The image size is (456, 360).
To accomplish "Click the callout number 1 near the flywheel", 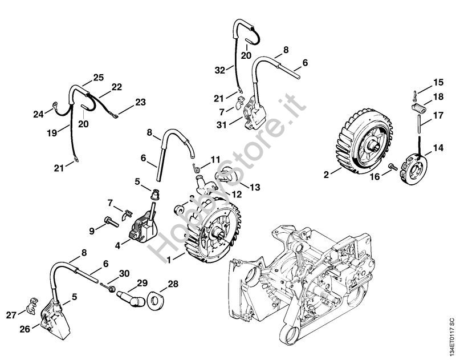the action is click(169, 260).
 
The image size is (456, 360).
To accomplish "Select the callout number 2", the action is click(326, 175).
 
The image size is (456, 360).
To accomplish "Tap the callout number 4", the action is click(117, 246).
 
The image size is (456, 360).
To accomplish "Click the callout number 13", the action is click(255, 187).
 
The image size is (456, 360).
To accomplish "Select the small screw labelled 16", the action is click(393, 167).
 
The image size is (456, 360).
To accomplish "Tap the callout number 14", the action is click(438, 148).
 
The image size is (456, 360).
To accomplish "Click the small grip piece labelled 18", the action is click(418, 108).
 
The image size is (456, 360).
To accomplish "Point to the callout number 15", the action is click(438, 82).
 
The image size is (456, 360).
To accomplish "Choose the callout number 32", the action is click(220, 70).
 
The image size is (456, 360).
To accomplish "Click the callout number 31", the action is click(222, 125).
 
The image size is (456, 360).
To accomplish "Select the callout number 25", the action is click(99, 78).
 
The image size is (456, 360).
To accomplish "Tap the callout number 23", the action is click(140, 102).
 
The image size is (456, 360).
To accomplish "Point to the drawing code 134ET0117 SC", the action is click(451, 339).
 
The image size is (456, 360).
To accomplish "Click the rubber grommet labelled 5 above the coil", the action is click(156, 194).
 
